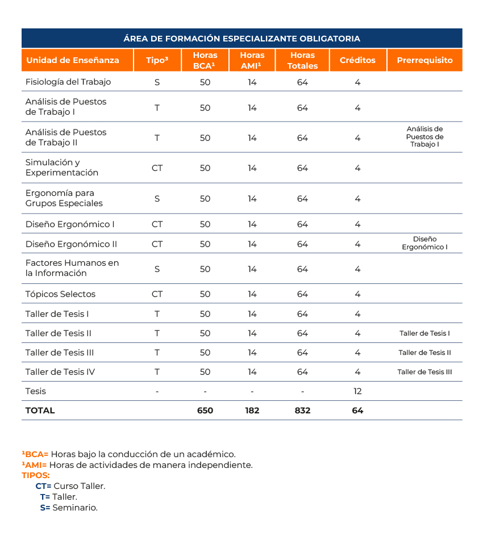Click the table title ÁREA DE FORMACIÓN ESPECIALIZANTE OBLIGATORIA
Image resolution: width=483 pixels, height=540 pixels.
(x=241, y=39)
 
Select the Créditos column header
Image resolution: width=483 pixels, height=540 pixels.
(x=357, y=60)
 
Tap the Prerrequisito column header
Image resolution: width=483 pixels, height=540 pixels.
(x=424, y=60)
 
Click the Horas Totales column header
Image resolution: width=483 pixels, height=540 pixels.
(x=302, y=60)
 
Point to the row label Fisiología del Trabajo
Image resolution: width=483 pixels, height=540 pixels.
(x=68, y=82)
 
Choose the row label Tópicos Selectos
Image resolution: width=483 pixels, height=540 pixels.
(x=60, y=294)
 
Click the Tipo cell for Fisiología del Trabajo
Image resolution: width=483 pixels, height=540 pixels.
(x=157, y=82)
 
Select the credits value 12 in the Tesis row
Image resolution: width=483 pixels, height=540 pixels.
(x=357, y=391)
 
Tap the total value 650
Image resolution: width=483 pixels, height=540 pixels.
(x=205, y=411)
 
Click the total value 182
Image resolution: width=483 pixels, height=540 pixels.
(x=252, y=411)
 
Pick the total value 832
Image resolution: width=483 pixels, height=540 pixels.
(x=302, y=411)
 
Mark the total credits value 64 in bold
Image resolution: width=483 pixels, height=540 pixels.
(x=357, y=411)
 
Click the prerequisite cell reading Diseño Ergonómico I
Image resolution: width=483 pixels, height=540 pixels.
(x=424, y=243)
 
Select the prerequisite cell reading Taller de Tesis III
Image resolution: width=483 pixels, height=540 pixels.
(x=424, y=372)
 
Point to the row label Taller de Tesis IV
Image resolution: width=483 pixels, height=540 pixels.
(x=60, y=372)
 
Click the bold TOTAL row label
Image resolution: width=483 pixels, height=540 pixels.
(x=40, y=411)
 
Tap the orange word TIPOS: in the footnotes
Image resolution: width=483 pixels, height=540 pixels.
(x=36, y=475)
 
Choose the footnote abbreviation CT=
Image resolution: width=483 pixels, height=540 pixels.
(x=43, y=486)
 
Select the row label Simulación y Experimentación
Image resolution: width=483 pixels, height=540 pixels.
(x=62, y=168)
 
